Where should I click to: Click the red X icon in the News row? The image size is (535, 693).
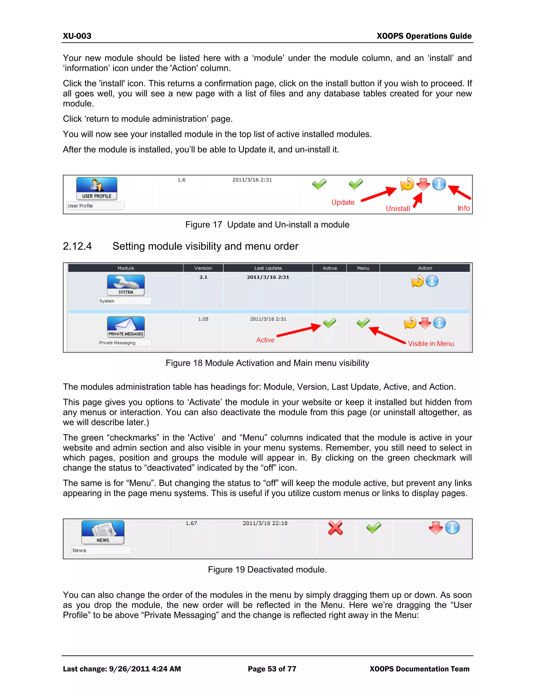point(335,528)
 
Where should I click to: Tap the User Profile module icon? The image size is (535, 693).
point(97,189)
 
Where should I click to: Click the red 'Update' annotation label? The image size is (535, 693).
point(343,202)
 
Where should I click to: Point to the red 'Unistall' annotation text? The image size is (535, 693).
point(398,208)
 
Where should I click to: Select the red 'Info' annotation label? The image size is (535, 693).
point(463,208)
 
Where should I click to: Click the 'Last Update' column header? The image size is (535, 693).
point(268,268)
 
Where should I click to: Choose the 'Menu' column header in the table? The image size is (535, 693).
point(363,268)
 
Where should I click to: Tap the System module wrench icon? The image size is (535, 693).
point(126,285)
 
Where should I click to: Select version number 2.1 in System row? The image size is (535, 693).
point(203,277)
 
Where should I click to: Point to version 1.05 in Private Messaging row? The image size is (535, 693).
point(203,319)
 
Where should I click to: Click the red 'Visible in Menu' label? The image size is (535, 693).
point(431,344)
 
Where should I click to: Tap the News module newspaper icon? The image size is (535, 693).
point(103,532)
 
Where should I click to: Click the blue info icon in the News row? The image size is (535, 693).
point(452,528)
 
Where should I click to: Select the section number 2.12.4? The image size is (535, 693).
point(77,246)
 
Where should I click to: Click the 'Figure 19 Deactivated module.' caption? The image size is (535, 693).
point(267,570)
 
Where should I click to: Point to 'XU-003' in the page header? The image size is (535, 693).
point(77,36)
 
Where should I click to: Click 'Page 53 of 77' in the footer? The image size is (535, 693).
point(272,669)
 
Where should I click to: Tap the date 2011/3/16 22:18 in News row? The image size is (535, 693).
point(265,523)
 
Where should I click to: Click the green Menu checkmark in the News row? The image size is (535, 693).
point(374,528)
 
